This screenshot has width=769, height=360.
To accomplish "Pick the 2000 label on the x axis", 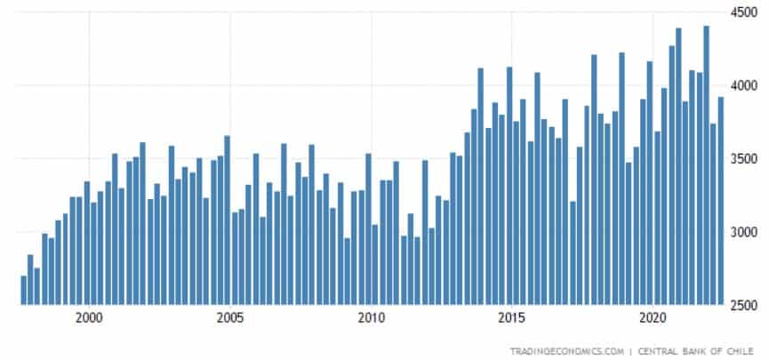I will [89, 317].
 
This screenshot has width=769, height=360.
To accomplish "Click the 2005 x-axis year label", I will [230, 317].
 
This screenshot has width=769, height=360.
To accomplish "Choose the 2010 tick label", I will [371, 317].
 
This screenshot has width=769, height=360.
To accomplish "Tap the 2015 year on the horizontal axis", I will [511, 317].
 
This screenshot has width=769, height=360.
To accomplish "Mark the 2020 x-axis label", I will [653, 317].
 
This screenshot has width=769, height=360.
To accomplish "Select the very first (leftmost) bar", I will [24, 291].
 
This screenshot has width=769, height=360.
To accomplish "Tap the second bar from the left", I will [30, 280].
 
